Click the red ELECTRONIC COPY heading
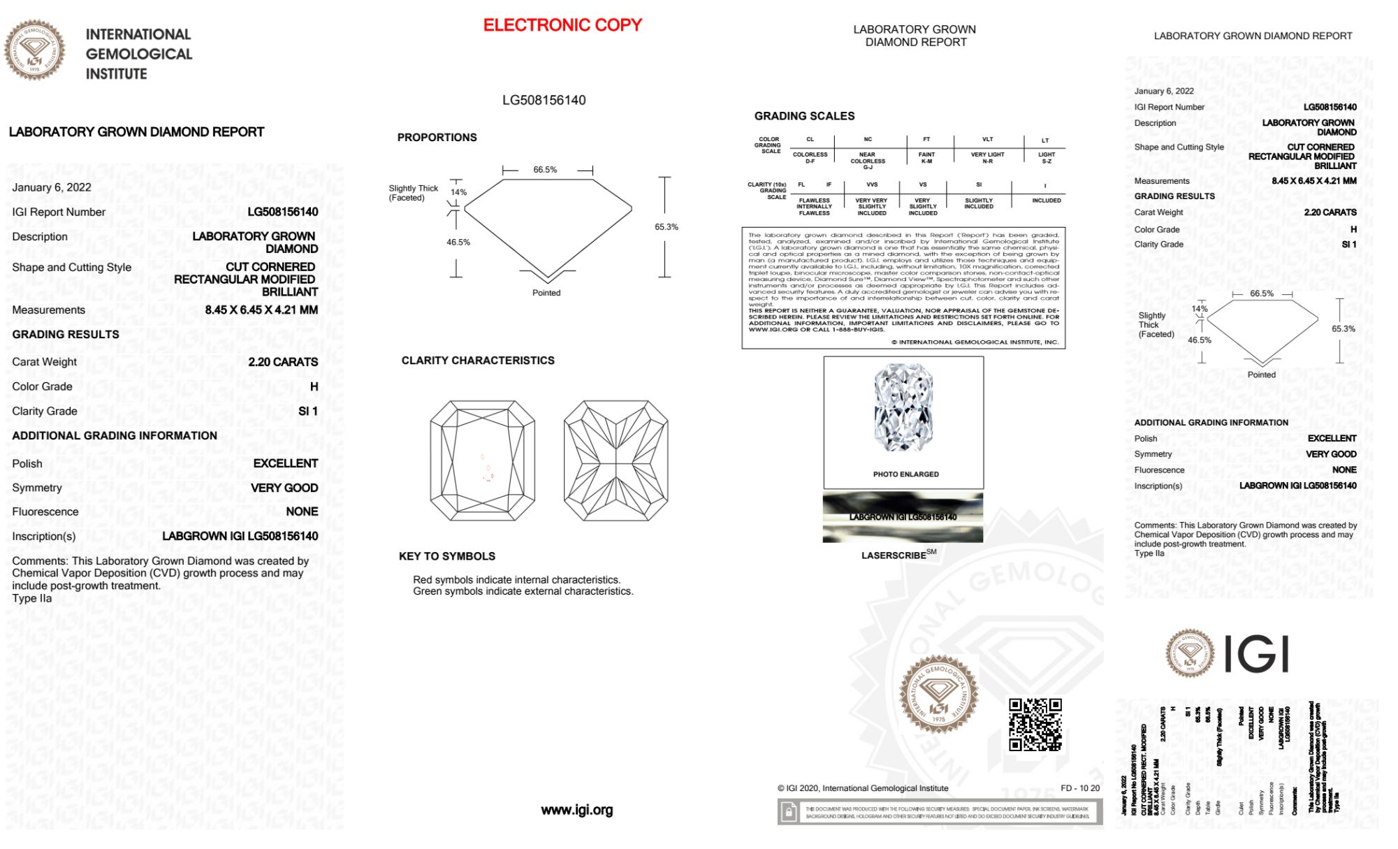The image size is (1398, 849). click(x=562, y=25)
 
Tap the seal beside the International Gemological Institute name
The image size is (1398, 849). click(x=34, y=50)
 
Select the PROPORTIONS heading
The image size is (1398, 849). click(x=437, y=138)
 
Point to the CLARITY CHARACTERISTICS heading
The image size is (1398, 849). click(x=478, y=361)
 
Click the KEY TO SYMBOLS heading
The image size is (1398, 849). click(x=446, y=556)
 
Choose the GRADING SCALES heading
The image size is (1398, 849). click(x=804, y=116)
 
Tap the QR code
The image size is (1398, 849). click(x=1035, y=724)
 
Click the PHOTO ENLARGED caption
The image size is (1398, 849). click(x=905, y=474)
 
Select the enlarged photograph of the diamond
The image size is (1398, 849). click(x=903, y=408)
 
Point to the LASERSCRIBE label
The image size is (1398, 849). click(x=895, y=556)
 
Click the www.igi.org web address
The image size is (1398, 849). click(x=576, y=810)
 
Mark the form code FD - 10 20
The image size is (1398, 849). click(x=1079, y=788)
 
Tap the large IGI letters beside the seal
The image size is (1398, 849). click(x=1256, y=655)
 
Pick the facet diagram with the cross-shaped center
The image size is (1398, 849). click(x=616, y=460)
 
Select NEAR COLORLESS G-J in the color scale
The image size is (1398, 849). click(x=867, y=161)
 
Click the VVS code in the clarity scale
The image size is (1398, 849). click(x=872, y=184)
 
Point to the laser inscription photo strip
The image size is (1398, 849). click(x=903, y=517)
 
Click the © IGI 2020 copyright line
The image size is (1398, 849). click(x=863, y=788)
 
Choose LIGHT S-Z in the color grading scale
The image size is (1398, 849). click(x=1046, y=158)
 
